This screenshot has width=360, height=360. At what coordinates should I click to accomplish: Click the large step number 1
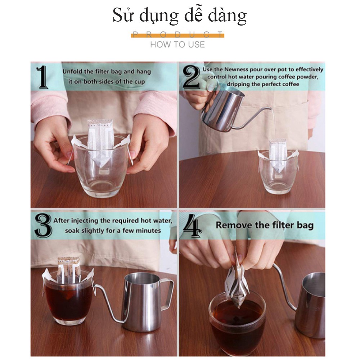coord(43,77)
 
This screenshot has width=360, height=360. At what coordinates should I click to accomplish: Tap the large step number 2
coord(191,77)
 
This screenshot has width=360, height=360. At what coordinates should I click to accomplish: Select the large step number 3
coord(43,225)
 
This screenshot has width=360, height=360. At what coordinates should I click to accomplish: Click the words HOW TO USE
coord(177,44)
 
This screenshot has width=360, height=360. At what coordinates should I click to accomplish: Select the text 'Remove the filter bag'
coord(265,225)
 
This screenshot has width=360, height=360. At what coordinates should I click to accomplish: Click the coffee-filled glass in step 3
coord(68,298)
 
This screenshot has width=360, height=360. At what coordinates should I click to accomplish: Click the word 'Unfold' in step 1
coord(72,71)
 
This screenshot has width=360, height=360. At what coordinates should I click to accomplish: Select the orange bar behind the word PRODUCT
coord(177,36)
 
